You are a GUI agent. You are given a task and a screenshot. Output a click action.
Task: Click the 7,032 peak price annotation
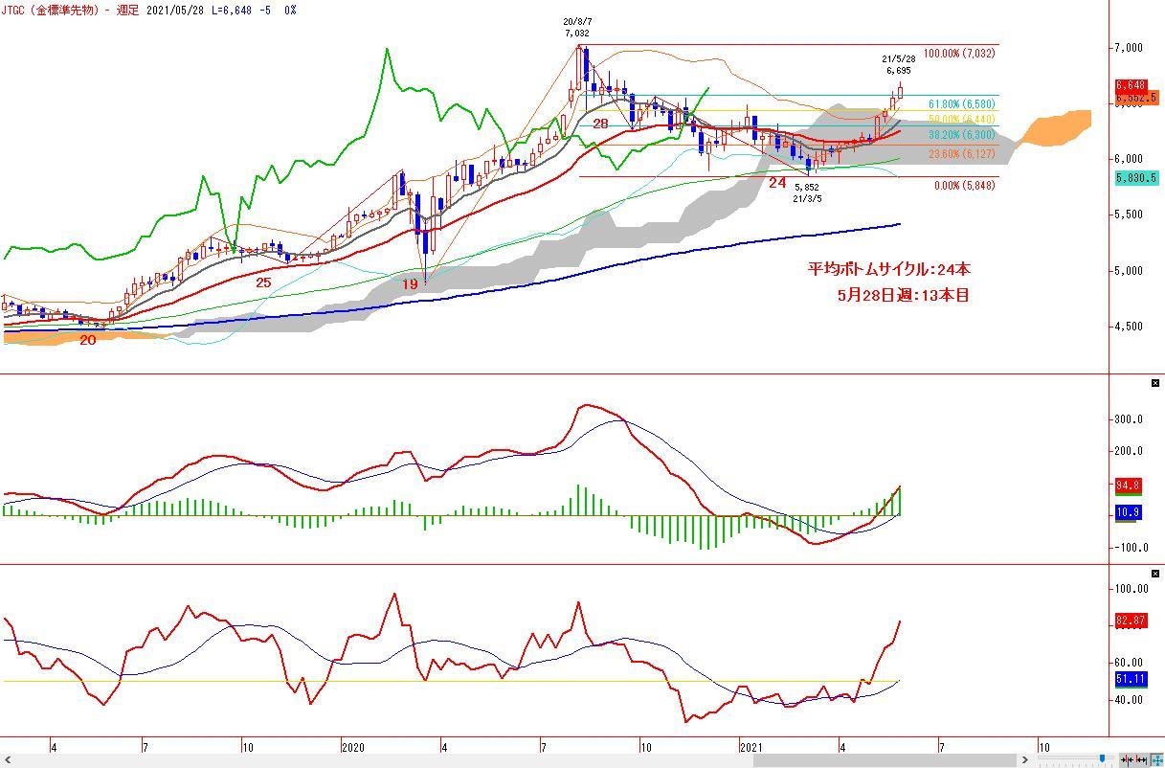[576, 33]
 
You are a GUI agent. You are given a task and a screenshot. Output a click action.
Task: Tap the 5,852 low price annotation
[807, 188]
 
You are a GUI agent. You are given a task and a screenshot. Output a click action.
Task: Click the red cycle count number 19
[410, 284]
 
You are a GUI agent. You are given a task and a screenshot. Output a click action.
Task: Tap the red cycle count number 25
[263, 282]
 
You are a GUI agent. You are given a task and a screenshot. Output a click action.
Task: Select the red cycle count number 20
[88, 340]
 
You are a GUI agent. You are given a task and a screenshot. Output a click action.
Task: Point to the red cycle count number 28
[600, 124]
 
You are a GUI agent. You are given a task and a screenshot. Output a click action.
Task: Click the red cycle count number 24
[777, 182]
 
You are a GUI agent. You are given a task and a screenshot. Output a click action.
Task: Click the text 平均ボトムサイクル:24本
[889, 270]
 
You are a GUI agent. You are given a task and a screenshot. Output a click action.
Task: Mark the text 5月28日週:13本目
[903, 295]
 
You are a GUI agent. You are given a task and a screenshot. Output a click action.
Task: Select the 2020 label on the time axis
[352, 747]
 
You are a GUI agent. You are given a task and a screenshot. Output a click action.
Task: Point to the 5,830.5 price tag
[1136, 178]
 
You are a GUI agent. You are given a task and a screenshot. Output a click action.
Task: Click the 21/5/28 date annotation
[898, 58]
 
